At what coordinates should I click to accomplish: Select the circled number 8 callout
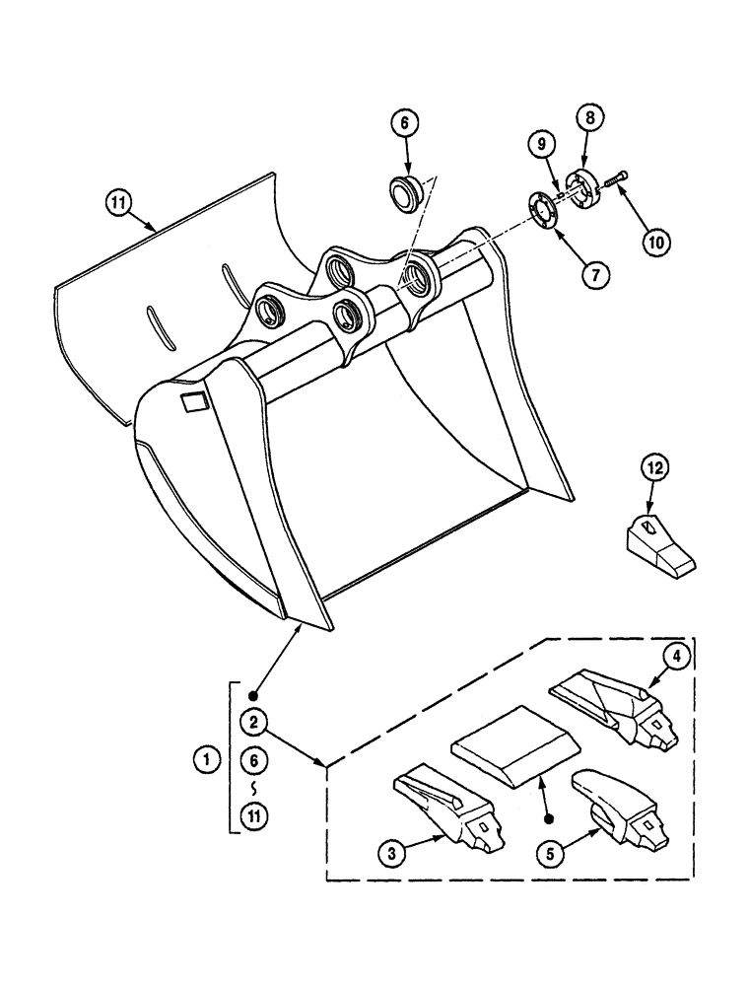589,117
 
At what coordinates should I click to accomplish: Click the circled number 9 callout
542,144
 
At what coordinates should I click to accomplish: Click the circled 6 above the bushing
404,124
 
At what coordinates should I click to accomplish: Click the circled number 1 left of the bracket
206,759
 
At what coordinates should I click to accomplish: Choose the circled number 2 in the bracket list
254,723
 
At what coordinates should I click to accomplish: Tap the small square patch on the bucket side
192,400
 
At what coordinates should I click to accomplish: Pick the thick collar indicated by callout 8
587,188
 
